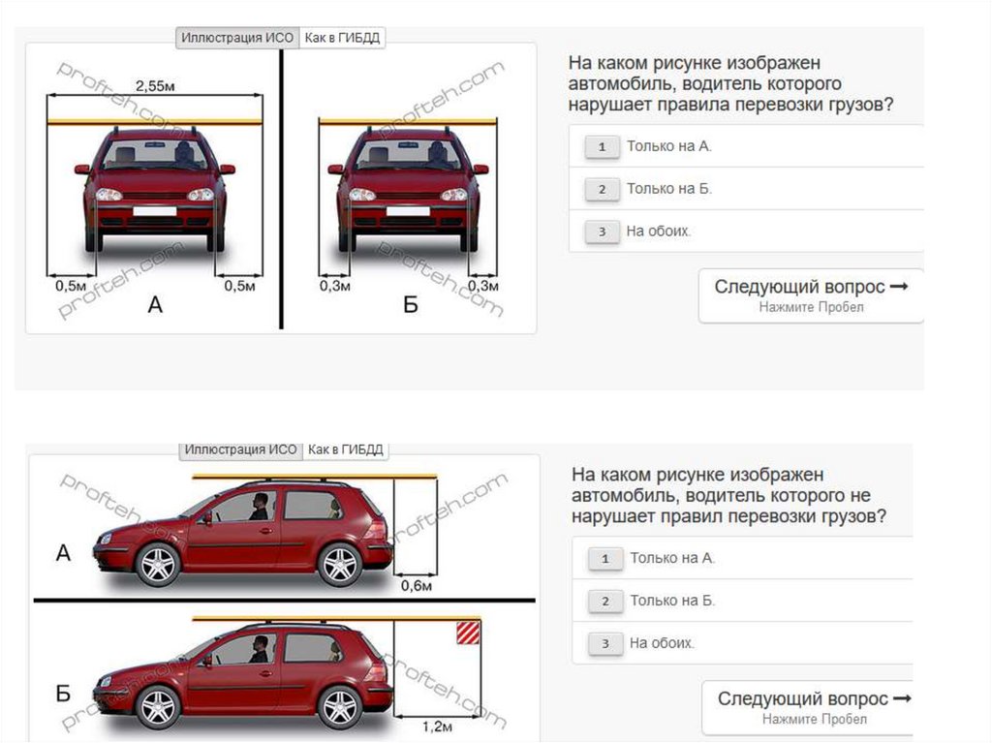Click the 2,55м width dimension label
155,85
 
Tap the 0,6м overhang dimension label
417,586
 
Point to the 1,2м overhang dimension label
437,726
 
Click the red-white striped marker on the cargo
468,633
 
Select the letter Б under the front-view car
411,305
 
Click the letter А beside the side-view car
63,553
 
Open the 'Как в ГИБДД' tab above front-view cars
342,38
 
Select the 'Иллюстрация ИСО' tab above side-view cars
240,449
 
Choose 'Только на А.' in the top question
669,146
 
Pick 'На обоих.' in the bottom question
662,643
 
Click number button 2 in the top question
602,189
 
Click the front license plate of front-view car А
155,211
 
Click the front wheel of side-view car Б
158,707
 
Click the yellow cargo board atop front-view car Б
408,121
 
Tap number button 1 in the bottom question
605,559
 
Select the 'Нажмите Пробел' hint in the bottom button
814,719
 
